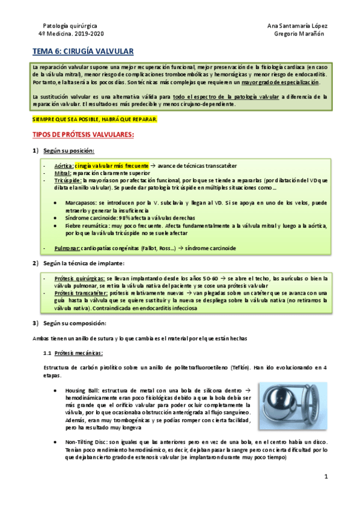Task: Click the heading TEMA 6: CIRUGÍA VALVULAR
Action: pyautogui.click(x=82, y=52)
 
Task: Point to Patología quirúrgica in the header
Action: pyautogui.click(x=69, y=25)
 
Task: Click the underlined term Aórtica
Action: pyautogui.click(x=64, y=165)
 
